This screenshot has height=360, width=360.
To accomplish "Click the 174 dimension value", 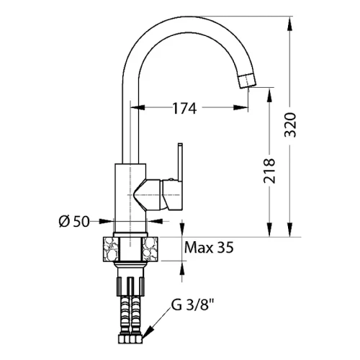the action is [x=184, y=108].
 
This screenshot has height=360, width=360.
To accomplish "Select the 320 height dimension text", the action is [x=290, y=125].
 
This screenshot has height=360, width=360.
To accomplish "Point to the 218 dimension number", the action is [x=269, y=171].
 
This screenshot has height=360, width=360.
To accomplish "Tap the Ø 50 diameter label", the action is [x=74, y=221].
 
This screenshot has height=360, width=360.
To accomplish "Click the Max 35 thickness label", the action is [x=209, y=248].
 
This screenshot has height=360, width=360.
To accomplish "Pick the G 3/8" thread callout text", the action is [x=192, y=305].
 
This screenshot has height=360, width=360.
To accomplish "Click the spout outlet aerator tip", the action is [x=248, y=81].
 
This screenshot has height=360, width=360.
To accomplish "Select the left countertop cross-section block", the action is [x=111, y=249].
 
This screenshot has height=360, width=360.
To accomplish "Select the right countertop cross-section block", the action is [x=150, y=249].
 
